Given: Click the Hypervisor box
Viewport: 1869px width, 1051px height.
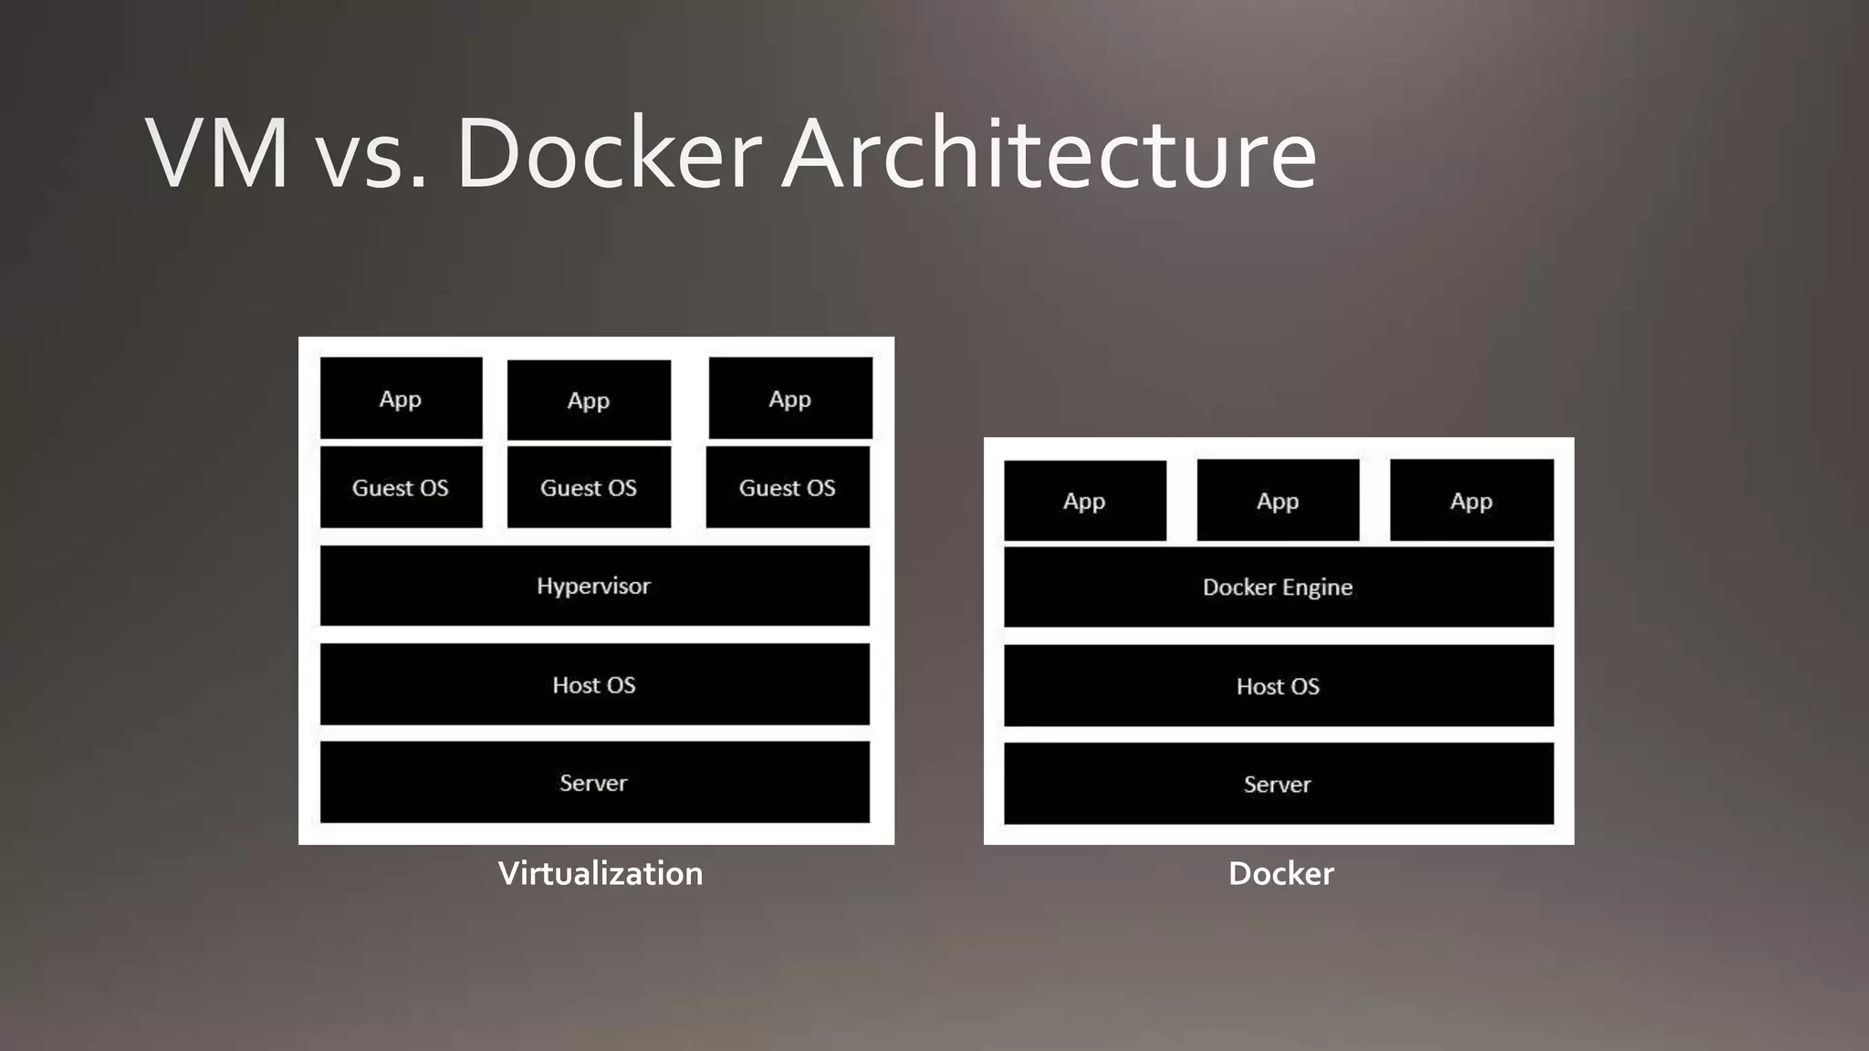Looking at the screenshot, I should click(594, 586).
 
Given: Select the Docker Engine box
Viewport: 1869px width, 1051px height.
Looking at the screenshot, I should click(1278, 587).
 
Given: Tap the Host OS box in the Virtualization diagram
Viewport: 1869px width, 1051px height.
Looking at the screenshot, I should click(594, 684).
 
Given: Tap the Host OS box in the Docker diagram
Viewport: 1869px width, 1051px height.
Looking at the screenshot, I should click(1278, 686).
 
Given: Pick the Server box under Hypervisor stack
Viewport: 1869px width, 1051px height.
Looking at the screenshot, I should click(594, 782).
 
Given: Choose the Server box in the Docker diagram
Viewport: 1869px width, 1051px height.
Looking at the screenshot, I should click(1278, 784).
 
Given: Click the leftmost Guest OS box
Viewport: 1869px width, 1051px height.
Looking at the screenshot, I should click(401, 487).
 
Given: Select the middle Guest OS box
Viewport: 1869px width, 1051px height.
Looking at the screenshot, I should click(589, 487).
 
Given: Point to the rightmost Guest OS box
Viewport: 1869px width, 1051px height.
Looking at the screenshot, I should click(788, 487).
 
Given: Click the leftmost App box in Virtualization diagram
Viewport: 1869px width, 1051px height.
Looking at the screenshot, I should click(401, 399).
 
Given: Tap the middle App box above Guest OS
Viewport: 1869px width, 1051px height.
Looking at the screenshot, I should click(589, 401).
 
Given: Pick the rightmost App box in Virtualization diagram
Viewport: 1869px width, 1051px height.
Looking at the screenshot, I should click(790, 399).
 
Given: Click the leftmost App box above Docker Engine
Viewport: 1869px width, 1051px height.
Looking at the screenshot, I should click(1084, 501).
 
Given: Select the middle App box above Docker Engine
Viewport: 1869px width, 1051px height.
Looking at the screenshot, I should click(1278, 501).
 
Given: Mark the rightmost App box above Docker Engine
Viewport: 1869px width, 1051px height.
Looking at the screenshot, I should click(1471, 501).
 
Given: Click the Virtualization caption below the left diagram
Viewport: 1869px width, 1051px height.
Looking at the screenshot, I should click(600, 873).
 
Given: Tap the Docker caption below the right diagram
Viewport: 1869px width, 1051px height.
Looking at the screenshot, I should click(1280, 873).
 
